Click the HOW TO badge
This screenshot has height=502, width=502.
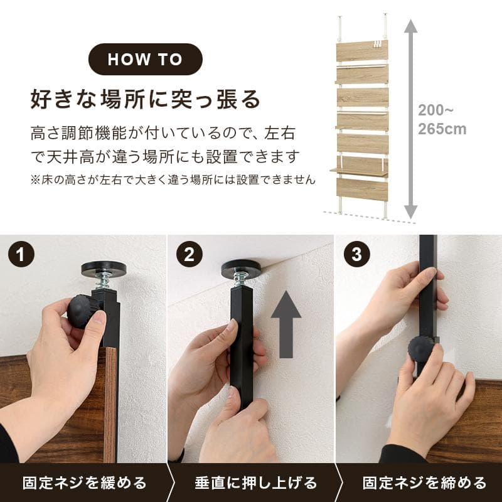click(145, 60)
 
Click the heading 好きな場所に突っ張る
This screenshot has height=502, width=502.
click(145, 99)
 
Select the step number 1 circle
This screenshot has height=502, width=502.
click(21, 255)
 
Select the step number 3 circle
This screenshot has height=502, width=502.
click(356, 255)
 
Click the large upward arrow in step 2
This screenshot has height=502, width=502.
click(286, 323)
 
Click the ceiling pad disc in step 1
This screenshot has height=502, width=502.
click(104, 269)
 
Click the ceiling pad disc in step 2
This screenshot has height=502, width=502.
click(241, 268)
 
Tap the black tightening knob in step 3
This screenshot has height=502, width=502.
click(421, 350)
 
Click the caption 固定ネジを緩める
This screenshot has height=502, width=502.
click(84, 483)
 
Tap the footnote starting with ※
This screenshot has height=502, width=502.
click(173, 179)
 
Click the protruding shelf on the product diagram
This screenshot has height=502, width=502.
click(358, 171)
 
